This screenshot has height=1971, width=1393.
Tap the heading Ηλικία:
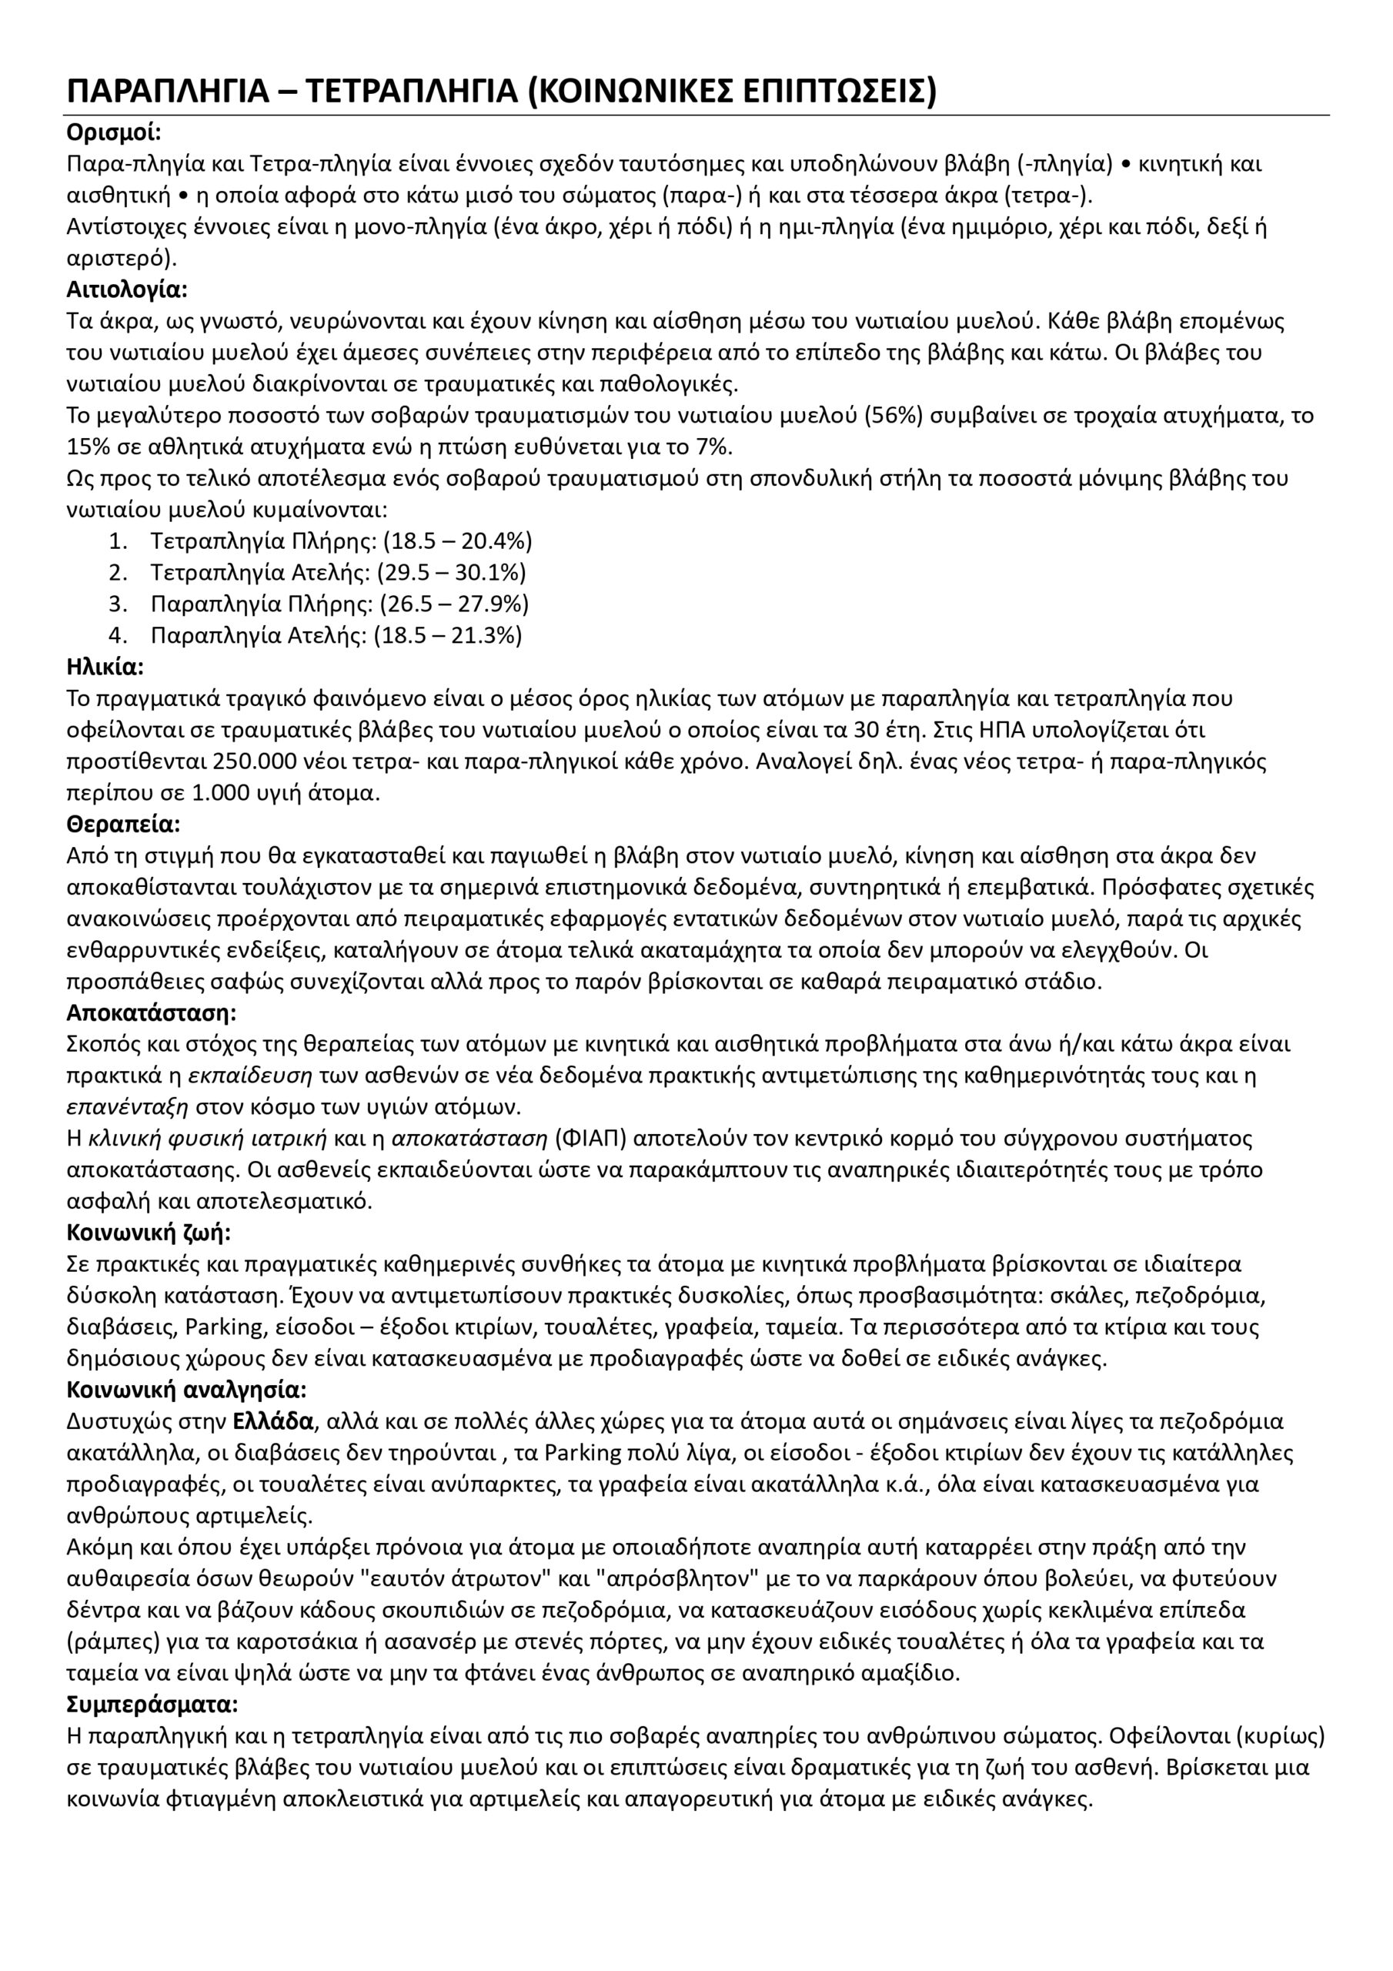click(105, 667)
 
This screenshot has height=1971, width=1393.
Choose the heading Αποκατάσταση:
click(151, 1013)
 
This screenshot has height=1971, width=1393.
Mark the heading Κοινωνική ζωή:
click(149, 1233)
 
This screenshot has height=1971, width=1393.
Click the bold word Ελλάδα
click(273, 1421)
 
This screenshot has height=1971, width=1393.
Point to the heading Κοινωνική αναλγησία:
click(186, 1390)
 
